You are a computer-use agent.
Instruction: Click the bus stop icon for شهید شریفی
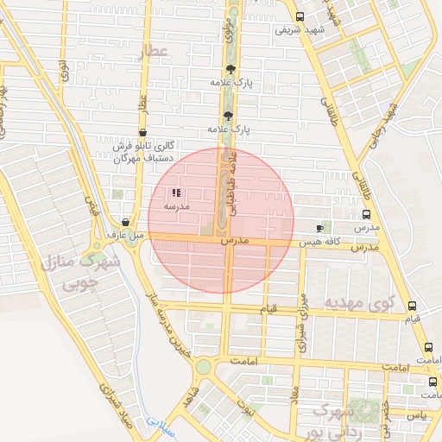click(299, 16)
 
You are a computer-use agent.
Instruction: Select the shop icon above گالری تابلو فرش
click(142, 132)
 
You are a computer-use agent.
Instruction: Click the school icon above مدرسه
click(176, 193)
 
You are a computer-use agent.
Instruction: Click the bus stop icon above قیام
click(412, 306)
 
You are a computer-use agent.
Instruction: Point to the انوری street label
click(63, 70)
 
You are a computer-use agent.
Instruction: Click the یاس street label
click(418, 415)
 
